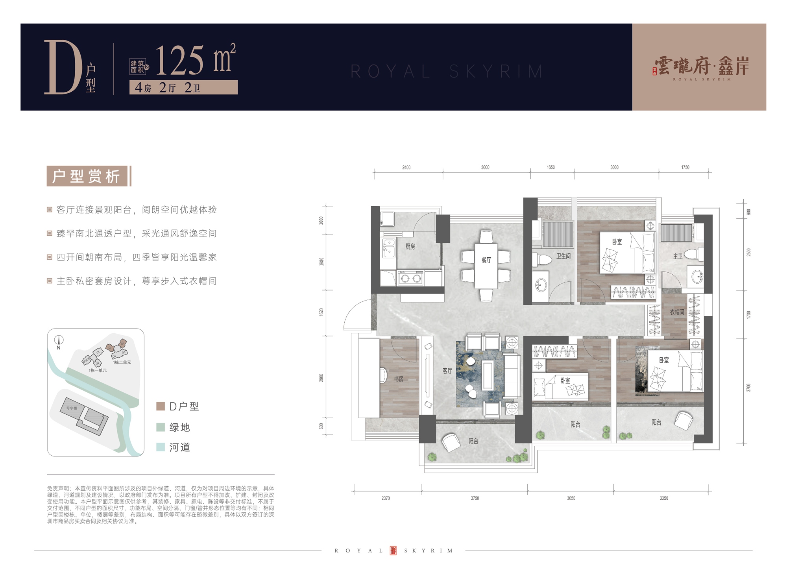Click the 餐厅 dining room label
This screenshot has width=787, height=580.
point(486,260)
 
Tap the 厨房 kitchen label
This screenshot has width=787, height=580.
point(410,247)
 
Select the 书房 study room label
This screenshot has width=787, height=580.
point(399,379)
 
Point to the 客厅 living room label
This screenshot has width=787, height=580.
point(447,371)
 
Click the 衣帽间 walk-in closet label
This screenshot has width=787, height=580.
point(677,312)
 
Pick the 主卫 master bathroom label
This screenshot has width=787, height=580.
point(678,257)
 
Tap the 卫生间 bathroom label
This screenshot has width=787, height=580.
point(563,256)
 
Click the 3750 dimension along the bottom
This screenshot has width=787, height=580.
point(475,498)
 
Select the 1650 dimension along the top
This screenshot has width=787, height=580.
point(551,168)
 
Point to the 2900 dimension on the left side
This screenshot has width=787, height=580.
point(321,378)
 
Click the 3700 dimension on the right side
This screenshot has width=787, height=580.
point(748,388)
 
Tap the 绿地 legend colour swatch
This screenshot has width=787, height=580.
point(161,427)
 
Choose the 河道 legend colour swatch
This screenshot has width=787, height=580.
point(161,447)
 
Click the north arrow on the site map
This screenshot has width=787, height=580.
point(59,340)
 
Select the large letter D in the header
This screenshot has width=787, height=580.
point(63,68)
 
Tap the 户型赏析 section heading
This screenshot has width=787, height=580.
point(87,176)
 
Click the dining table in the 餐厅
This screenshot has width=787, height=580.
point(486,266)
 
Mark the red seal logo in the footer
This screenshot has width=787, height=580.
point(393,550)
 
